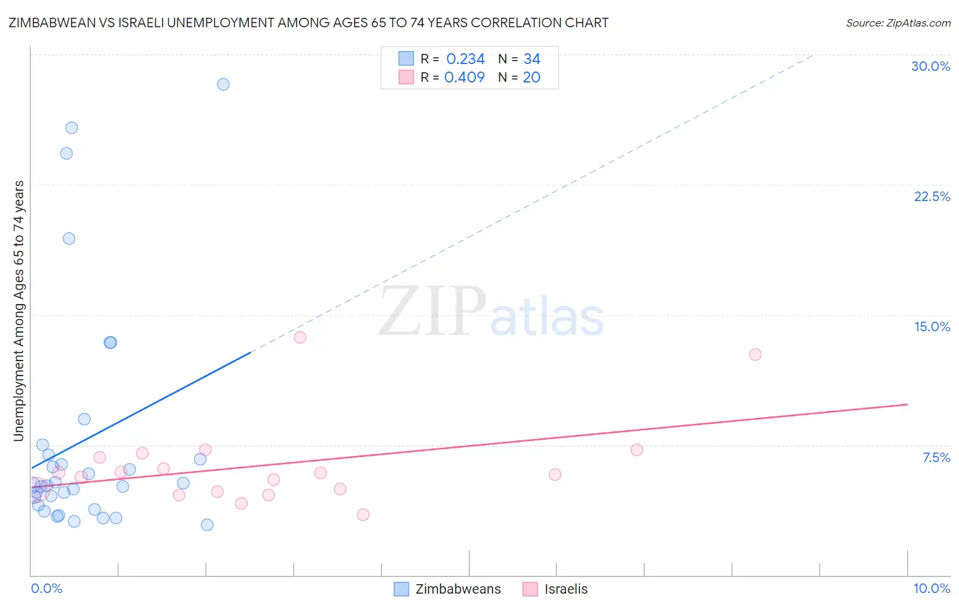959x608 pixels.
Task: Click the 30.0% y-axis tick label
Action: pos(930,66)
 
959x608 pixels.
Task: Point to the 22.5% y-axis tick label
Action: pos(932,196)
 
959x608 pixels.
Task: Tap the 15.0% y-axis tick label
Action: pos(932,326)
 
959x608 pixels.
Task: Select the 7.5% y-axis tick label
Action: pos(936,457)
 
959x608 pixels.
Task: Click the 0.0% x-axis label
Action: pos(46,588)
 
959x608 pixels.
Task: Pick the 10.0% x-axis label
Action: pos(931,588)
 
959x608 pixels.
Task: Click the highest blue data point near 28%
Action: pos(223,85)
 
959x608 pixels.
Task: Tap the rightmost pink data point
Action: pos(755,354)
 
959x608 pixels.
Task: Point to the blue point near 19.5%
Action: pos(69,239)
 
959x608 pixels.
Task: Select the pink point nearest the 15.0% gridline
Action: pos(299,337)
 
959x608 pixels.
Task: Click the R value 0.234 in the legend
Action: pos(465,59)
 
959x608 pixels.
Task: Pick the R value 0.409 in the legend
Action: pos(464,78)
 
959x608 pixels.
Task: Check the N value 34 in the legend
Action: pos(531,59)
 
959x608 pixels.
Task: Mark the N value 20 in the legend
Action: pos(531,78)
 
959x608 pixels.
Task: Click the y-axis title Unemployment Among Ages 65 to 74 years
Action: pos(19,310)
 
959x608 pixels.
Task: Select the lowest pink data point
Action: pos(363,515)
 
